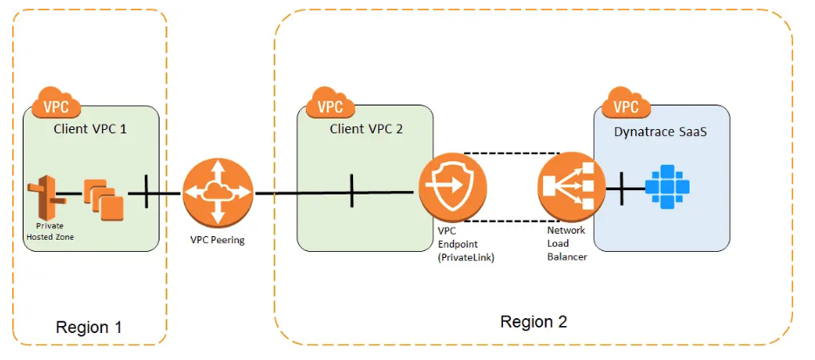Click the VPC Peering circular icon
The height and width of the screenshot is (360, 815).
pos(217,193)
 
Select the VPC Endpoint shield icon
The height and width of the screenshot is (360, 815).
pos(452,188)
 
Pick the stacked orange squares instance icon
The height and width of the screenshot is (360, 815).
pos(103,199)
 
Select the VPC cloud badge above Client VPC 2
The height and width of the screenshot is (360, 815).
pos(329,105)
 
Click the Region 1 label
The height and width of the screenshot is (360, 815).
pos(88,327)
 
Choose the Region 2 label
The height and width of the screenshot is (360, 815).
pos(533,321)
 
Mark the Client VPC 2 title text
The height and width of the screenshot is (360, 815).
pos(366,128)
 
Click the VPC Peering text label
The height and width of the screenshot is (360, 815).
pos(216,240)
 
